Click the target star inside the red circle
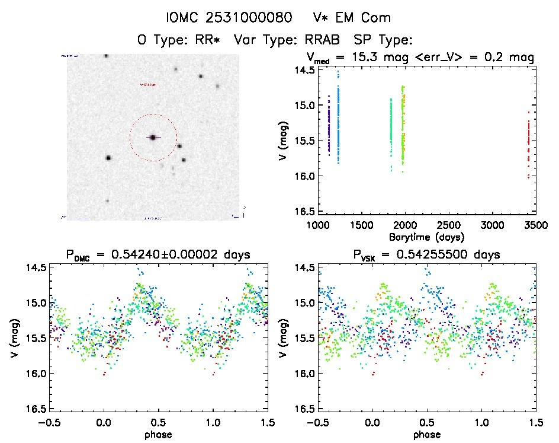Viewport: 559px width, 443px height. click(x=153, y=137)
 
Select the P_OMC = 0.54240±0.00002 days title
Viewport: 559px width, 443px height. click(x=158, y=255)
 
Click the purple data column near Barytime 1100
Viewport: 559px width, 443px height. click(x=328, y=125)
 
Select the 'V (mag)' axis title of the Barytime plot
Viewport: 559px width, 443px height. click(x=284, y=141)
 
